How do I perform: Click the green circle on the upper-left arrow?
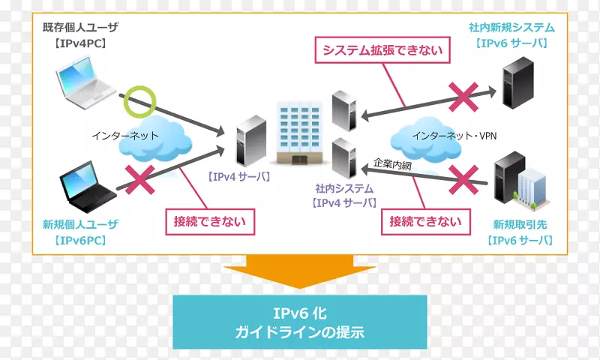[139, 101]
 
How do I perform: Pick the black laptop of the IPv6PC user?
[88, 183]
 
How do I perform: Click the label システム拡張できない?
[382, 50]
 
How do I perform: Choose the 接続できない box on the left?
[206, 222]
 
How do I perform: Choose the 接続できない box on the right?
[425, 222]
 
